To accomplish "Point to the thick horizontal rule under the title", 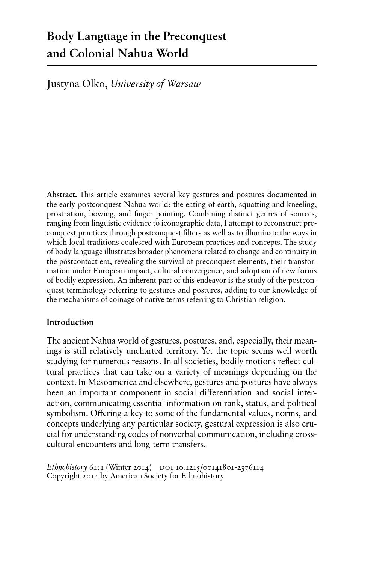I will (181, 66).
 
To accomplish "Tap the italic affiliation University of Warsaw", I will (155, 83).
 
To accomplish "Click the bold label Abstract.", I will (62, 195).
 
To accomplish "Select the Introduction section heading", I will (70, 322).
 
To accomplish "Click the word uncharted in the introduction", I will (145, 351).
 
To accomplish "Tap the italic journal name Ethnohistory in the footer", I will (66, 467).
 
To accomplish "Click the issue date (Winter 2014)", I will (129, 467).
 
